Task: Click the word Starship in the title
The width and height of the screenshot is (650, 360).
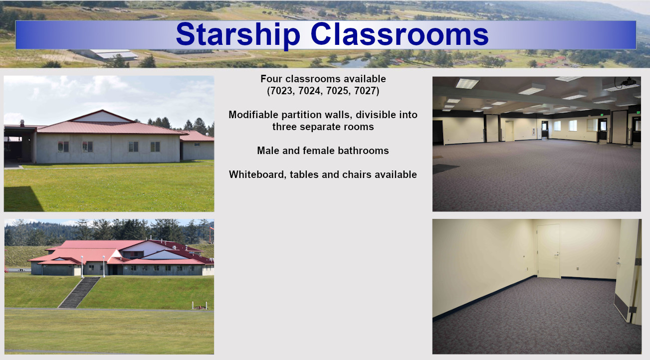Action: tap(238, 35)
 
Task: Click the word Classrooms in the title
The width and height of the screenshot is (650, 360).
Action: tap(400, 34)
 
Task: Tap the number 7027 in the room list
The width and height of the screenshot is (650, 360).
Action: tap(365, 91)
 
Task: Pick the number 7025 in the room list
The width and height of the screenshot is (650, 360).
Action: tap(338, 91)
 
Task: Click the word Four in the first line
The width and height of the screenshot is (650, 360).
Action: tap(271, 79)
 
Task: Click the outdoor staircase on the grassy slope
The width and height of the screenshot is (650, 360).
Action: tap(79, 292)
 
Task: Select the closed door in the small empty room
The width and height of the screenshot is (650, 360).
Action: tap(548, 251)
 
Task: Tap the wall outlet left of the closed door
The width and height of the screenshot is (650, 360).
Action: tap(524, 256)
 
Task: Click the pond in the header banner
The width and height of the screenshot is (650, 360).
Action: tap(351, 63)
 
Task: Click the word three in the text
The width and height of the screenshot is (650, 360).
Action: tap(284, 127)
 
